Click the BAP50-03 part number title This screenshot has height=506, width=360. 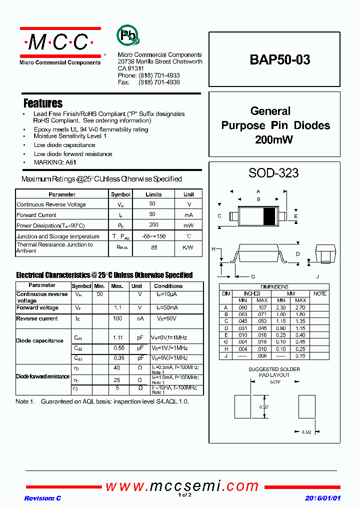point(280,59)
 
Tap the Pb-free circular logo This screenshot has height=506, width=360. point(128,35)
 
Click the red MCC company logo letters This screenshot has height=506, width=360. point(60,43)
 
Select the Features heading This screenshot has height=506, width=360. point(43,103)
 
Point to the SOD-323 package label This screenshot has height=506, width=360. point(273,173)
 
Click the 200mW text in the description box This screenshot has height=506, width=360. point(273,140)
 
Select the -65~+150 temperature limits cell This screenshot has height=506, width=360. point(153,236)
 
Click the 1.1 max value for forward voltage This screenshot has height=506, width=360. point(117,308)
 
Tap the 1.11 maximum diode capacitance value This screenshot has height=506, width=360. point(117,338)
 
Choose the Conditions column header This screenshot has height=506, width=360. point(168,286)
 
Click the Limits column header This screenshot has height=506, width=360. point(153,194)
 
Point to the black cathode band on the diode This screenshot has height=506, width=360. point(269,216)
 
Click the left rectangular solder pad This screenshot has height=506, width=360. point(242,406)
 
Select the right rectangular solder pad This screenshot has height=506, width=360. point(306,406)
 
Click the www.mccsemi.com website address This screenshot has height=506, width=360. point(182,486)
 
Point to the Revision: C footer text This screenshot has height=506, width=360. point(42,498)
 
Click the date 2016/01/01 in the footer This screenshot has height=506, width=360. point(322,498)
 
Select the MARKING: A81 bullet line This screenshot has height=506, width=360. point(55,162)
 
